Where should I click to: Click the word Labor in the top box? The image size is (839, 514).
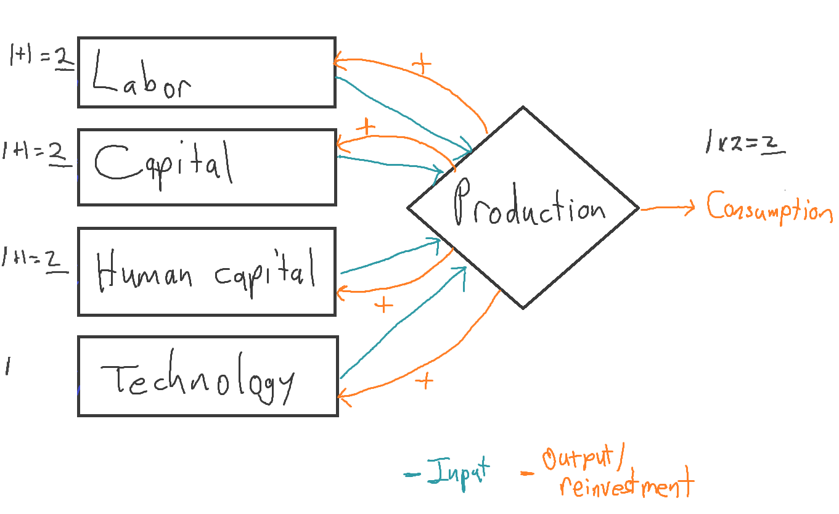pos(142,75)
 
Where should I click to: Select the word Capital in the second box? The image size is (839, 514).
pos(164,165)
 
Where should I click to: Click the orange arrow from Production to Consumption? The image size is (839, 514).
pos(668,208)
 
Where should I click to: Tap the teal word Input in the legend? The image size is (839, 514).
pos(459,474)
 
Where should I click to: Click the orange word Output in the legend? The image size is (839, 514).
pos(578,458)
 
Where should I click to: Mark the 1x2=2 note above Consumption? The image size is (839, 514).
pos(745,142)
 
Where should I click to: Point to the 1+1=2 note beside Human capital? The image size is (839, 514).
pos(35,260)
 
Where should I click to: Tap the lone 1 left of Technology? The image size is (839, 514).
pos(8,365)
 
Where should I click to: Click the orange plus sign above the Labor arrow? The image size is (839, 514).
pos(422,63)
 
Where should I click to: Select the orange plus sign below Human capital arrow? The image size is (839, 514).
pos(383,306)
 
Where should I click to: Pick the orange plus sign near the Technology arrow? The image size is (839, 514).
pos(424,381)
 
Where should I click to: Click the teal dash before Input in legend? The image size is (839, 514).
pos(412,475)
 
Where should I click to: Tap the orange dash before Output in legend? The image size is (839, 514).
pos(527,473)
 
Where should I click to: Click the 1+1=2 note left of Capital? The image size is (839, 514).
pos(37,153)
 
